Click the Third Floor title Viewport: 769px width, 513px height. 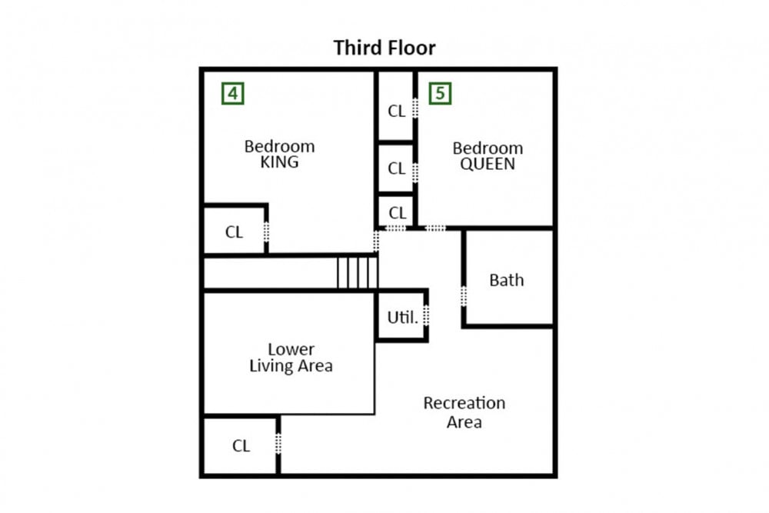384,48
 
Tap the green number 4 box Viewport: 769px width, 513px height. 233,93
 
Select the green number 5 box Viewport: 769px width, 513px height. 441,93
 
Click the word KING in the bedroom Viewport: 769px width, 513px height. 280,162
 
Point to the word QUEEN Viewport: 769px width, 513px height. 488,164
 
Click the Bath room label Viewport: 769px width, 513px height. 507,280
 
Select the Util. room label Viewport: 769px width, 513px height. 403,318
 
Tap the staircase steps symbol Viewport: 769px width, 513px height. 358,273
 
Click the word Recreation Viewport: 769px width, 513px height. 464,403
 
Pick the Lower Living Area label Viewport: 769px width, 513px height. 291,358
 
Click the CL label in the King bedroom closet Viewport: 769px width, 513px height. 234,232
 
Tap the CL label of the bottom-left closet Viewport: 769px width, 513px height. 241,446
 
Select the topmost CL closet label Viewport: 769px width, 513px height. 396,112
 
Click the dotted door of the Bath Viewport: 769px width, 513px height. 464,296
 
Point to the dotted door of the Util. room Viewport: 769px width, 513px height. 426,315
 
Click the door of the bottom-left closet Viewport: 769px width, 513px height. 278,443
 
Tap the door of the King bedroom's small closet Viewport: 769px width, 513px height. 266,232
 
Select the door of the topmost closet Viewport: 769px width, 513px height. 415,108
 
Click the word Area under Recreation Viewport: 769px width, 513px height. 464,422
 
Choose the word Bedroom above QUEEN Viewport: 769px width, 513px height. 488,148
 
